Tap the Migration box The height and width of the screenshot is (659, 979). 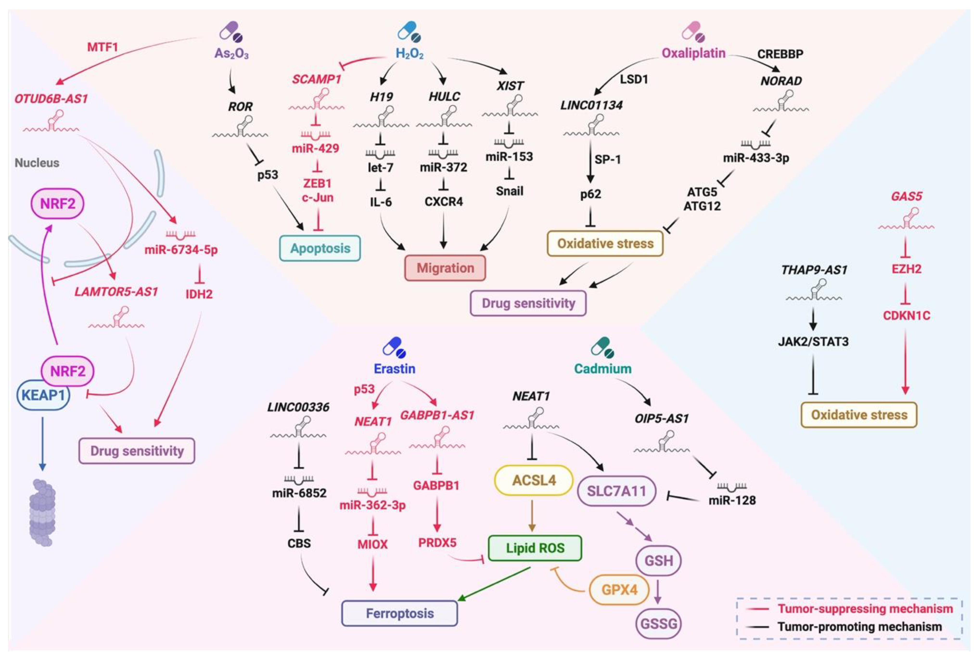point(445,268)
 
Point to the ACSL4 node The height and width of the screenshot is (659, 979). point(534,480)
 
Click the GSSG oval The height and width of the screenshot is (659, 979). point(659,623)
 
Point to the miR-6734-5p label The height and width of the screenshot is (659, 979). point(181,250)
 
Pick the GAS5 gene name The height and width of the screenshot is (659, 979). point(906,196)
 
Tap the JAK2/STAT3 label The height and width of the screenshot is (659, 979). point(813,341)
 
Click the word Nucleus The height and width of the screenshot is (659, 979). point(37,163)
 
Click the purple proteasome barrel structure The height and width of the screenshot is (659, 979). point(42,513)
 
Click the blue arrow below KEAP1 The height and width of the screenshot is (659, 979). point(42,443)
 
